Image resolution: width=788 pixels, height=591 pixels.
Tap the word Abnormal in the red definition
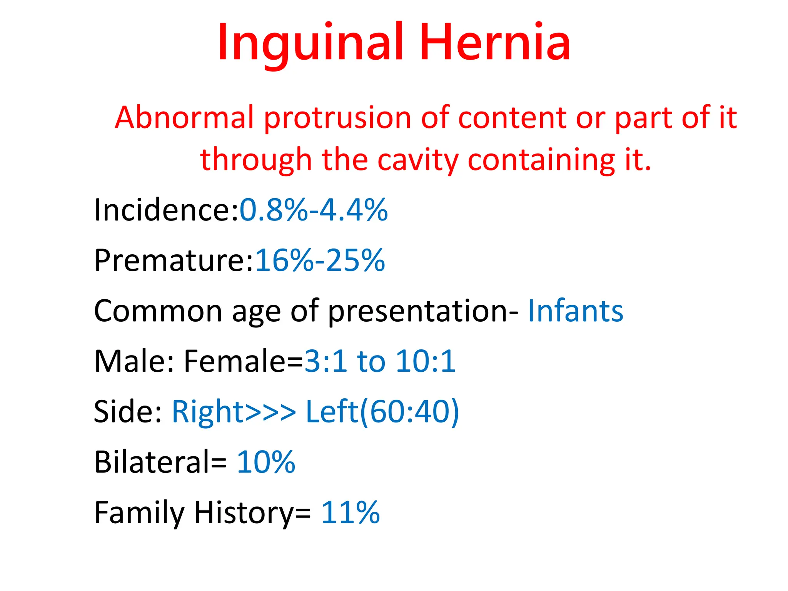(x=184, y=117)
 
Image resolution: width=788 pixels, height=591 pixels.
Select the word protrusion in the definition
(x=337, y=117)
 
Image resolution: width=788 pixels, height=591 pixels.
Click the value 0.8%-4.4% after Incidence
(x=314, y=210)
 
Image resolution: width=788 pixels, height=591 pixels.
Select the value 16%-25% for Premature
(x=320, y=260)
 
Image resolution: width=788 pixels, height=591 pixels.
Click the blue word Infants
(x=575, y=311)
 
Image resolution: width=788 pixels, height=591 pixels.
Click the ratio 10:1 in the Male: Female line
(x=426, y=361)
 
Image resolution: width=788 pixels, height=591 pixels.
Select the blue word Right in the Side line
(x=208, y=412)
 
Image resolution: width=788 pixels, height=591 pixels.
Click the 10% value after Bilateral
(x=266, y=462)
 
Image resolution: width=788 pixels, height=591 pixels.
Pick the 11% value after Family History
(x=351, y=513)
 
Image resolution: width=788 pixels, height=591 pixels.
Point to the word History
(x=244, y=513)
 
